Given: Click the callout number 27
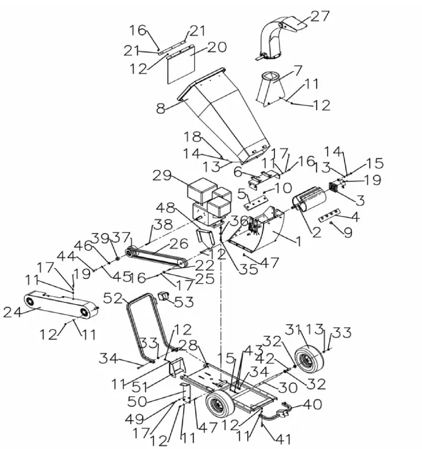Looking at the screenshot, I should [320, 15].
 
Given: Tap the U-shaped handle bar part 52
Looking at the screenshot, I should [141, 322].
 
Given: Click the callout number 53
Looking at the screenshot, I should [184, 303].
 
